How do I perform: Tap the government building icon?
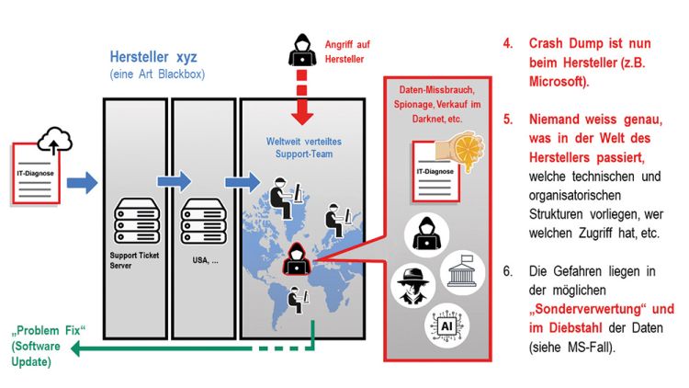click(463, 275)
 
